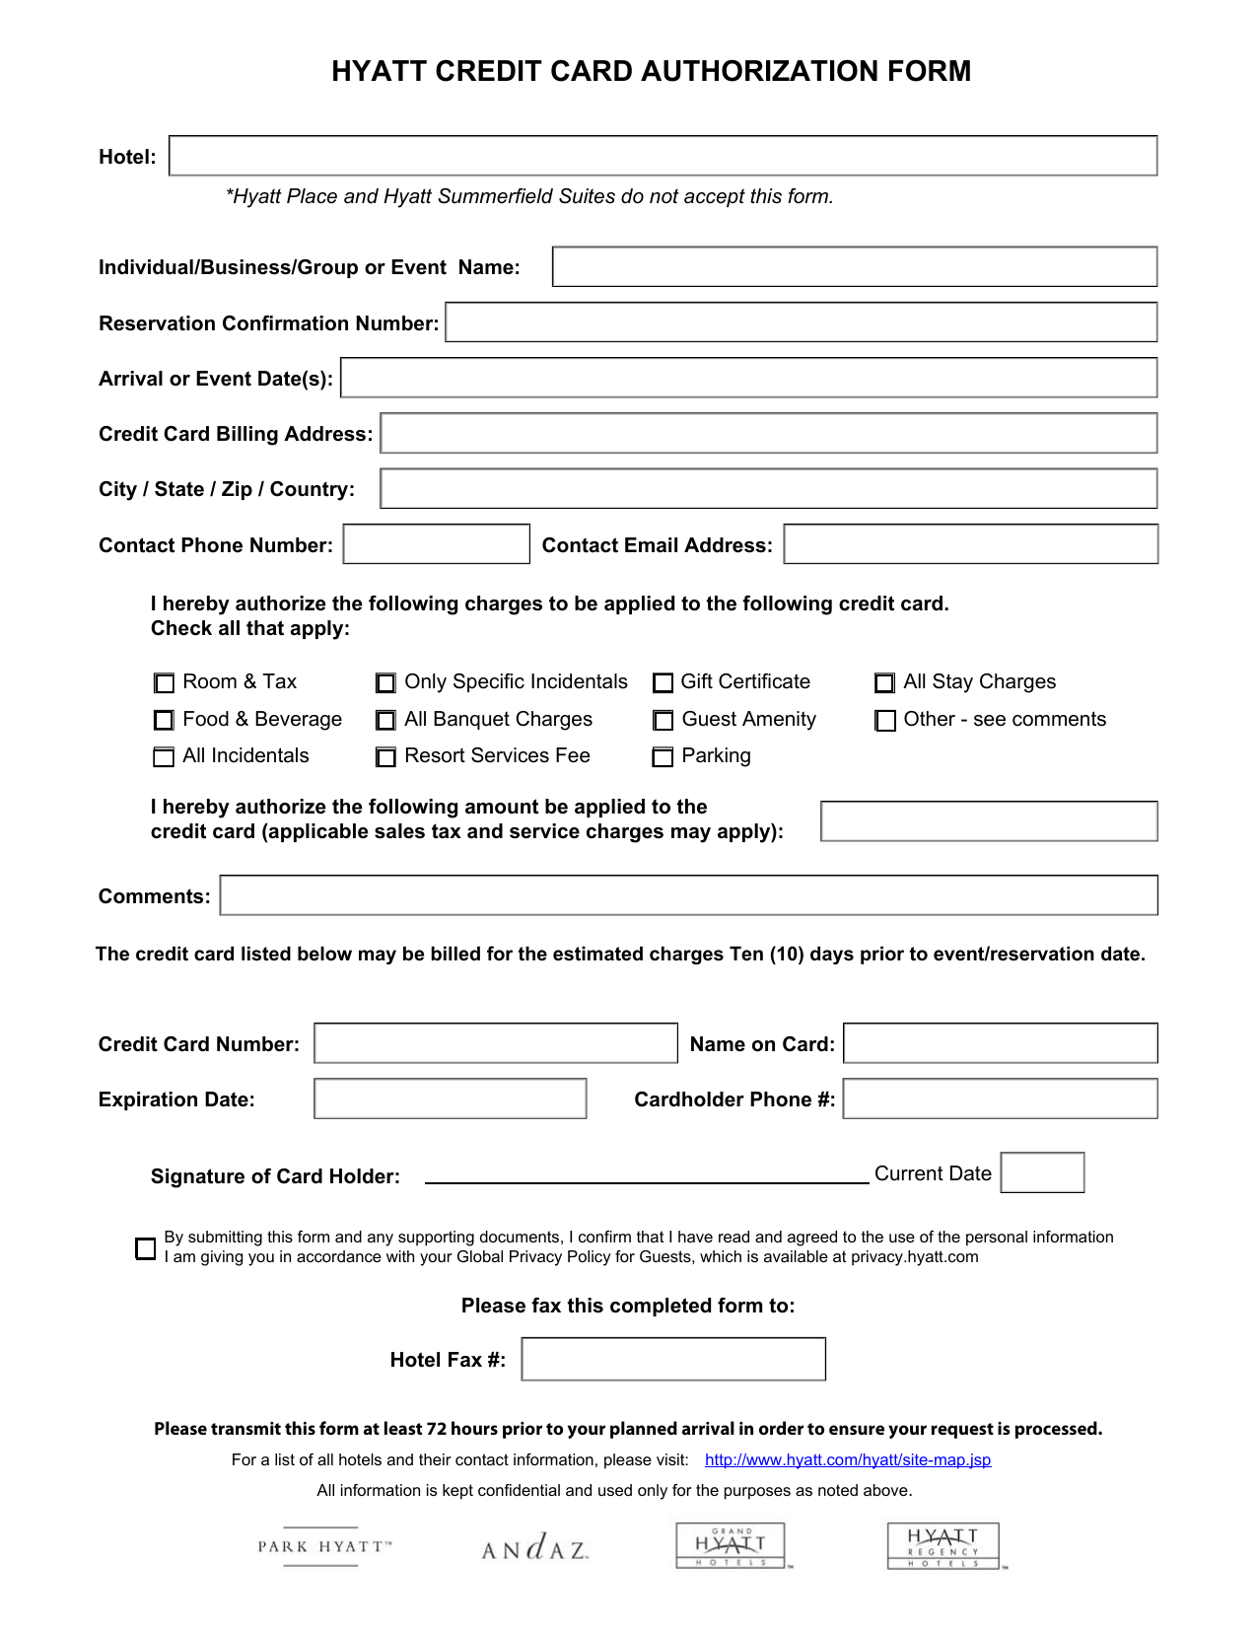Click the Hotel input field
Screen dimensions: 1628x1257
663,156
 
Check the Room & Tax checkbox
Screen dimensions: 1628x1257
164,682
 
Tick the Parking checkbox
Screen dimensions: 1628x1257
663,756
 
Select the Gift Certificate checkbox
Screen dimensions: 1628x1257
663,682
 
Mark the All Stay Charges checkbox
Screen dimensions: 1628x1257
885,682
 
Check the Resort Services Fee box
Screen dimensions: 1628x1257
386,756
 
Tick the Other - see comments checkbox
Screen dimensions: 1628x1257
885,720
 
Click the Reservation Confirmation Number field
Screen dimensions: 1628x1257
801,322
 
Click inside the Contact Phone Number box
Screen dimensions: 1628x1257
436,544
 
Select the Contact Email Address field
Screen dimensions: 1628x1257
970,544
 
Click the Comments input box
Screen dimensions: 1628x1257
688,895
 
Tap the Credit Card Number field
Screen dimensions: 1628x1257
495,1043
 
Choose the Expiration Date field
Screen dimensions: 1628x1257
450,1098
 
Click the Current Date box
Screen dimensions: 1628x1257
1042,1172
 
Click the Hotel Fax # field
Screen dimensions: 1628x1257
672,1359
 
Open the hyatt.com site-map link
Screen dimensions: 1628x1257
848,1459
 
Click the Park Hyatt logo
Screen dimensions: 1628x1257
324,1546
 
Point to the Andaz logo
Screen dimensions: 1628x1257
535,1547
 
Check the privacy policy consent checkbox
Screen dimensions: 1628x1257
146,1248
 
